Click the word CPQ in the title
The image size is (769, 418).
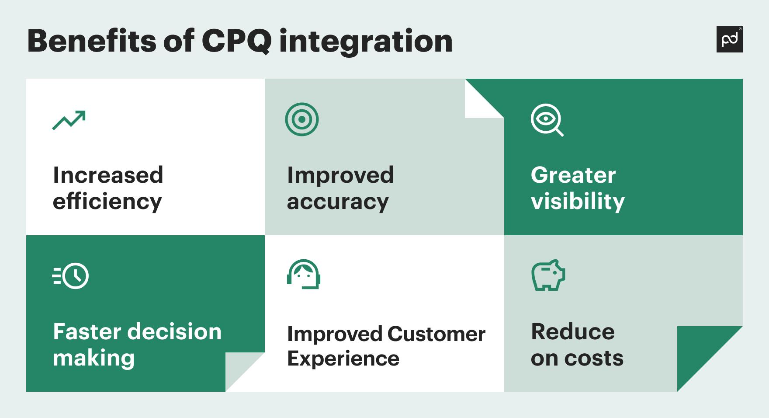[236, 42]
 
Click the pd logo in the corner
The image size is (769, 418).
[729, 39]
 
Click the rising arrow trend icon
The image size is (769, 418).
[69, 120]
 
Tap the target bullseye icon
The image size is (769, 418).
[302, 119]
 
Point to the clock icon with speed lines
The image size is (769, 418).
[71, 276]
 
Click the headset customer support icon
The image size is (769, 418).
[304, 275]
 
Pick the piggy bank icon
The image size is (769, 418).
[548, 275]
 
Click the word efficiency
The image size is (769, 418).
[107, 202]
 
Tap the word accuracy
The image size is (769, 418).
[338, 202]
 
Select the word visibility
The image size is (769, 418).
[578, 202]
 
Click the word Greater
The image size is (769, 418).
[573, 175]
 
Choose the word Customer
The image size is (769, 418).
[436, 334]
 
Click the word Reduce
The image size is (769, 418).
[573, 332]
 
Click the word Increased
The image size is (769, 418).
[108, 175]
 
